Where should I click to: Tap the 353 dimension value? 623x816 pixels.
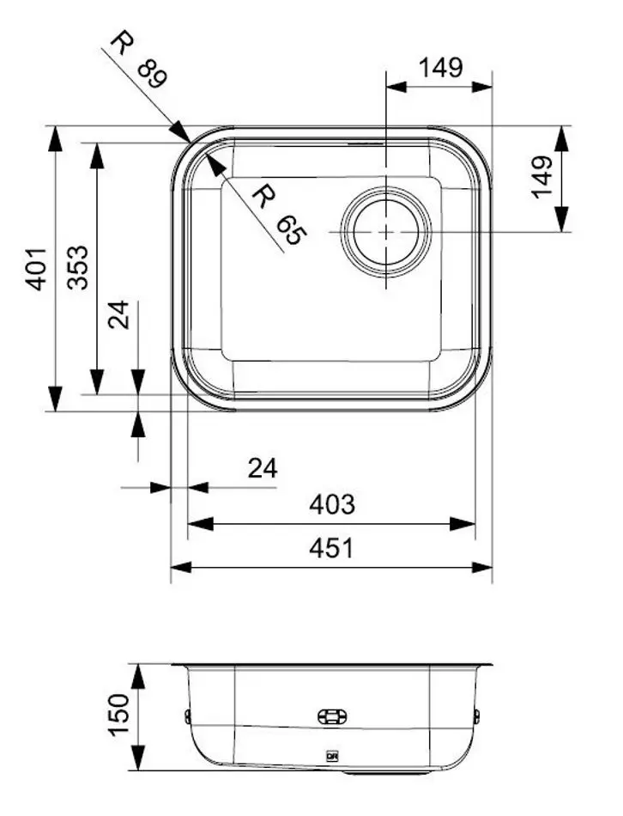point(78,268)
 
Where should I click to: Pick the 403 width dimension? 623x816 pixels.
point(331,504)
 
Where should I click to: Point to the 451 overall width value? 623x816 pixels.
point(331,548)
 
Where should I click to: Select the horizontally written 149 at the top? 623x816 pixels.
point(440,67)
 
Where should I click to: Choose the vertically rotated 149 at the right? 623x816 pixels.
point(541,177)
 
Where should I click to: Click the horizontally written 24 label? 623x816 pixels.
point(263,468)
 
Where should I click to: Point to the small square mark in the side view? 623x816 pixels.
point(330,756)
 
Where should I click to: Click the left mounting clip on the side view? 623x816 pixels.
point(186,716)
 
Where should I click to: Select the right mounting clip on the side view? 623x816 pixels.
point(477,715)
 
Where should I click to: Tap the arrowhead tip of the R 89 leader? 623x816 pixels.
point(191,142)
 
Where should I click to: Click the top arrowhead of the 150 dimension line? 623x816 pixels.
point(137,666)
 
